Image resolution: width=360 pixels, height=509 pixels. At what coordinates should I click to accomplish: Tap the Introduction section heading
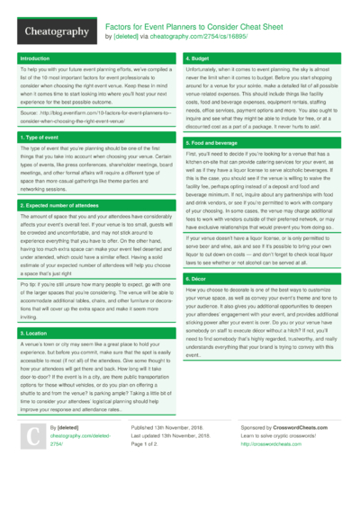pyautogui.click(x=36, y=58)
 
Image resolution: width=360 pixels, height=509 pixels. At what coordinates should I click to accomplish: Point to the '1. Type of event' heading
pyautogui.click(x=41, y=137)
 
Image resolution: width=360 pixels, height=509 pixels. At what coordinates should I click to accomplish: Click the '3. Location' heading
pyautogui.click(x=34, y=332)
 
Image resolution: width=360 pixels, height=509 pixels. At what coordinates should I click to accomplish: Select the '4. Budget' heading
pyautogui.click(x=199, y=58)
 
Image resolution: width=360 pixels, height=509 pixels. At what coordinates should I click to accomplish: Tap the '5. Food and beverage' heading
pyautogui.click(x=212, y=143)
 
